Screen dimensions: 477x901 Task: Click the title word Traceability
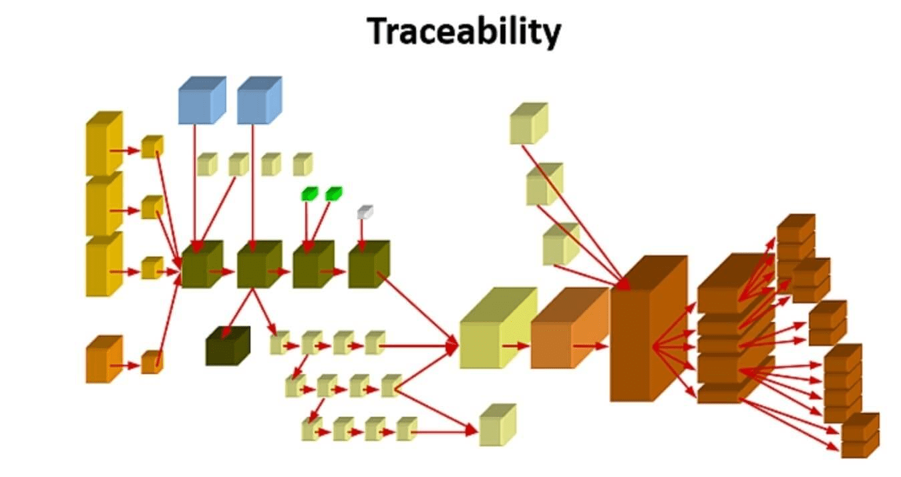click(x=464, y=32)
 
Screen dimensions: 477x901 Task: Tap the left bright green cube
click(x=309, y=194)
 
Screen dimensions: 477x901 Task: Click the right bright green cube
click(x=333, y=194)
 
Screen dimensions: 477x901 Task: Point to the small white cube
click(x=365, y=212)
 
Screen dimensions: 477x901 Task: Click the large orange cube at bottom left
click(x=104, y=361)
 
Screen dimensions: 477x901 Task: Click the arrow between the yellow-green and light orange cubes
click(x=515, y=346)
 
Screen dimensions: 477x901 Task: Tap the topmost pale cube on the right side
click(x=528, y=124)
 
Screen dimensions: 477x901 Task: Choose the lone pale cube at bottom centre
click(x=497, y=426)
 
